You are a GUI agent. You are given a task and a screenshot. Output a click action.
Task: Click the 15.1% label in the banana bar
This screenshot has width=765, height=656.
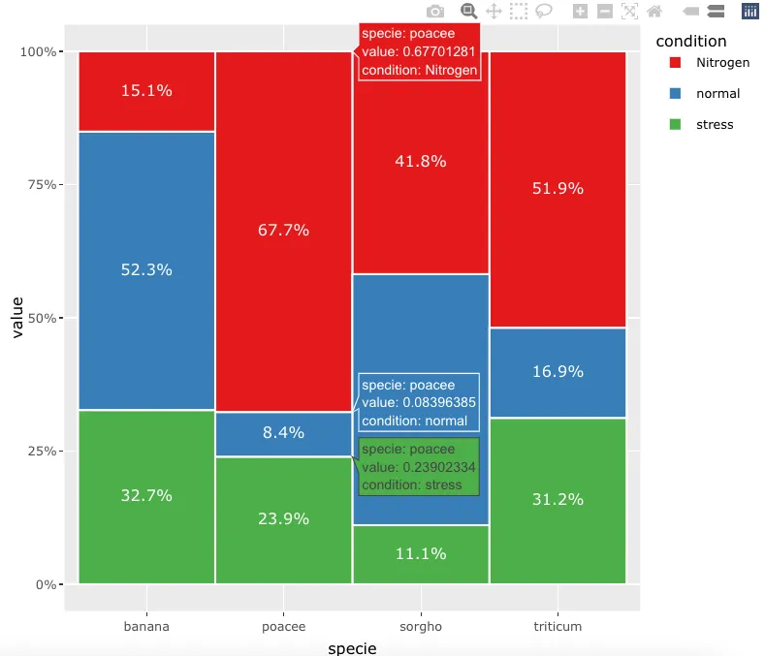tap(146, 91)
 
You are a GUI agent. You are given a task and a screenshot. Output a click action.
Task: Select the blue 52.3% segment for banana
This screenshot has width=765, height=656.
tap(146, 270)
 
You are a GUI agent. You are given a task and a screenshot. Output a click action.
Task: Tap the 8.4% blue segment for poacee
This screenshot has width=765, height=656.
tap(283, 433)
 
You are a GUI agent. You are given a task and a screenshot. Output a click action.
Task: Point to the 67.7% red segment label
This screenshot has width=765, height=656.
tap(283, 230)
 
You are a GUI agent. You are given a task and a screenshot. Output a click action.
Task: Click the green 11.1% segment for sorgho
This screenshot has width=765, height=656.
tap(421, 554)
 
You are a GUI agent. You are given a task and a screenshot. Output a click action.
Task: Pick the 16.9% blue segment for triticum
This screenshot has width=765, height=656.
tap(558, 372)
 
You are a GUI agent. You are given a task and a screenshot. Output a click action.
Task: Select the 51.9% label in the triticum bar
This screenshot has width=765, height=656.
tap(558, 189)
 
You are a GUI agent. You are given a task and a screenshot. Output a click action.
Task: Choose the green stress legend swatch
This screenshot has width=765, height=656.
tap(675, 125)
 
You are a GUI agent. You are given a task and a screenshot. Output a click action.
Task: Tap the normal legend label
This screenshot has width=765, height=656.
tap(717, 94)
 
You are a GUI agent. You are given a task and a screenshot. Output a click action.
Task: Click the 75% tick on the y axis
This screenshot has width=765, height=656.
tap(45, 184)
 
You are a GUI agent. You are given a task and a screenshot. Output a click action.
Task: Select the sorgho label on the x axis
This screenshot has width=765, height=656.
tap(421, 627)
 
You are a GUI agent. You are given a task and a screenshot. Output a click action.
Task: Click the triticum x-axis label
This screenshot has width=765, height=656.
tap(558, 627)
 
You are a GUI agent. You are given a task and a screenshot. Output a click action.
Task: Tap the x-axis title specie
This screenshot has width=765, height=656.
tap(352, 647)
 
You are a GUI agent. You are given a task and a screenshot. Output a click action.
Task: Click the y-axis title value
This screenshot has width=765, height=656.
tap(17, 318)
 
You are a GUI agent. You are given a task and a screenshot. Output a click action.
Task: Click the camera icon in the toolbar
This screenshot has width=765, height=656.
tap(435, 12)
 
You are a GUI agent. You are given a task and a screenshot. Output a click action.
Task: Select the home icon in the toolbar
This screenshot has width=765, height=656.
tap(654, 12)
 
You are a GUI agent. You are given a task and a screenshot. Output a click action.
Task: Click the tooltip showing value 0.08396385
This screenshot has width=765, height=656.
tap(419, 403)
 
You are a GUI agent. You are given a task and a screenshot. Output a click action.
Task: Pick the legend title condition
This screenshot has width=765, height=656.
tap(690, 42)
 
